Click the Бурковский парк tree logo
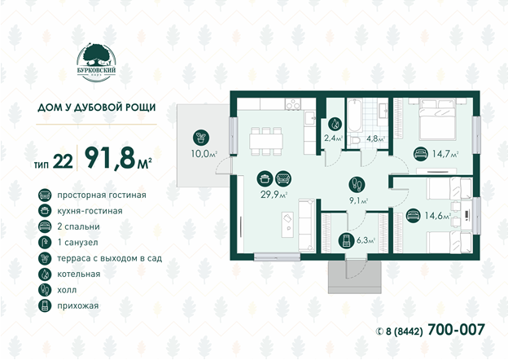pos(96,63)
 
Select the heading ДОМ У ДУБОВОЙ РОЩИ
pos(97,108)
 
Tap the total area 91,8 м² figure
pos(118,159)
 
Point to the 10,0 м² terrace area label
pos(204,154)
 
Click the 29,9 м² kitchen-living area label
pos(274,195)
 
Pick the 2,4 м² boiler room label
pos(334,138)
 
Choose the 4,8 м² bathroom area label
pos(375,138)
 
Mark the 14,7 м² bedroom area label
pos(445,154)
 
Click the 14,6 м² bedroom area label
pos(438,216)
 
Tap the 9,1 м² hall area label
pos(358,201)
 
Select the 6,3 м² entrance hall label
pos(366,240)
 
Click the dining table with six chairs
pos(266,141)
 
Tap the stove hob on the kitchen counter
pos(293,104)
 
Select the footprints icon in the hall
pos(357,185)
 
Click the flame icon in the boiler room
pos(335,124)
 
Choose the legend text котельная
pos(79,274)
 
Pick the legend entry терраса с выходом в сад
pos(110,258)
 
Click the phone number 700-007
pos(456,330)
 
